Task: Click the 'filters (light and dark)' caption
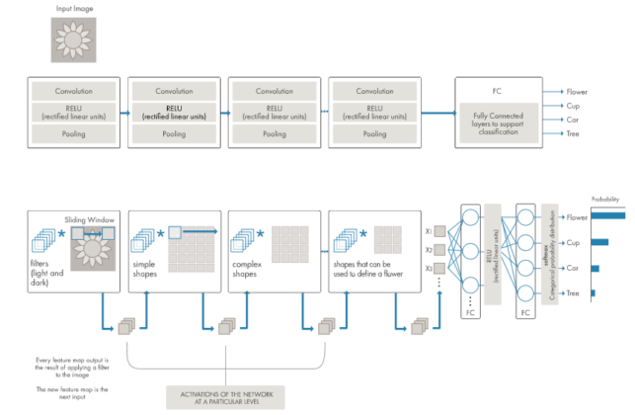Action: pyautogui.click(x=49, y=270)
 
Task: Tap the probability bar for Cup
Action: pyautogui.click(x=599, y=241)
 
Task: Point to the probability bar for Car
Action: pyautogui.click(x=595, y=268)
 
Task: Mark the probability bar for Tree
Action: pyautogui.click(x=594, y=293)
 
